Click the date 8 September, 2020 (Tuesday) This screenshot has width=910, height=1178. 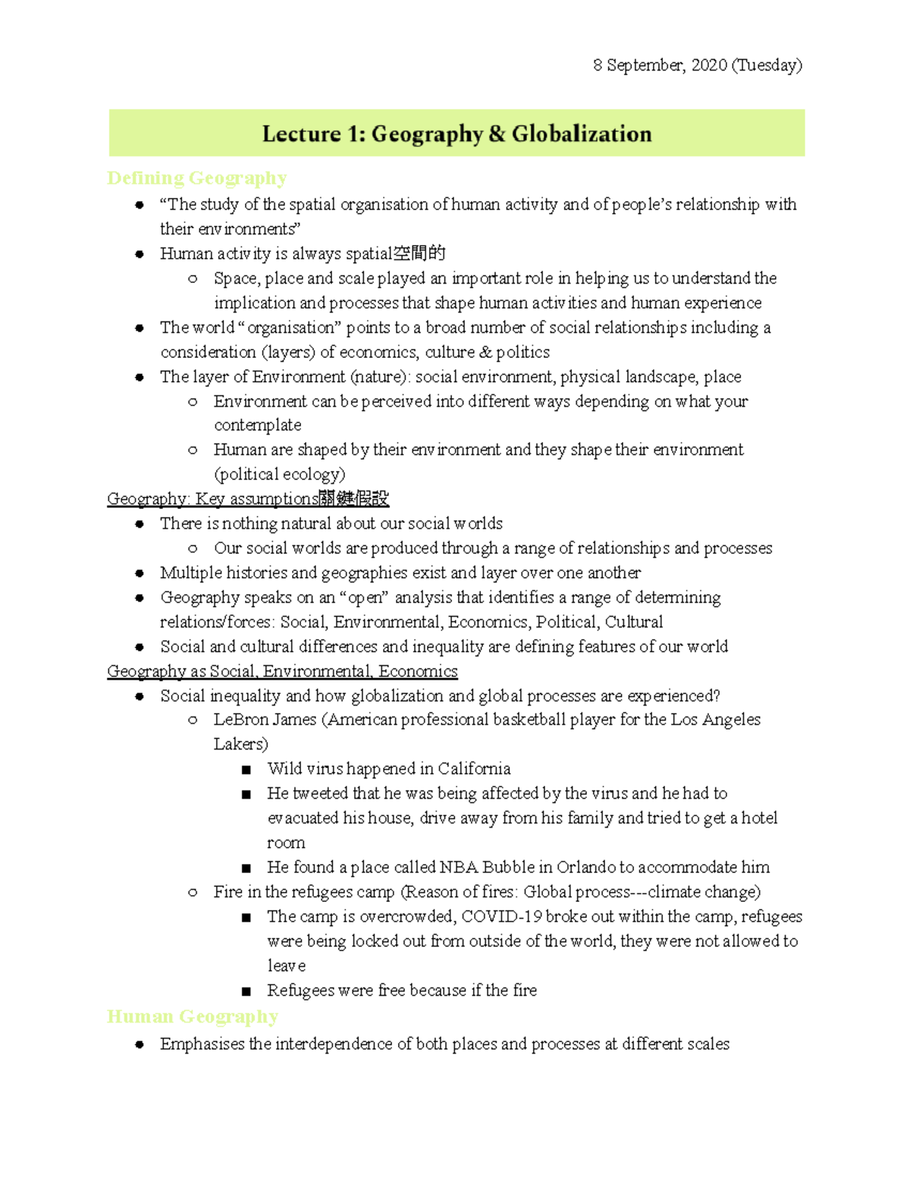click(x=697, y=65)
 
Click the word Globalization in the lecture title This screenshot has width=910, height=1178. click(x=581, y=134)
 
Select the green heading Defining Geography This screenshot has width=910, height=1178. click(x=197, y=178)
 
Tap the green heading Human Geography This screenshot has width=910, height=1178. click(x=193, y=1016)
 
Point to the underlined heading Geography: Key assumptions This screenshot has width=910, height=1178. click(x=247, y=499)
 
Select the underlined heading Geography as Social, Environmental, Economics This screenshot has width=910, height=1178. click(x=282, y=671)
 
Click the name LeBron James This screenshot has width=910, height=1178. click(x=265, y=720)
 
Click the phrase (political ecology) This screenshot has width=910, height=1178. click(x=279, y=475)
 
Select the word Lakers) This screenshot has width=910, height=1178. click(x=240, y=744)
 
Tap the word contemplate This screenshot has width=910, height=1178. click(x=257, y=426)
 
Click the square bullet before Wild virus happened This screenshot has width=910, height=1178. click(x=246, y=770)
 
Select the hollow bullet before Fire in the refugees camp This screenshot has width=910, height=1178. click(x=193, y=893)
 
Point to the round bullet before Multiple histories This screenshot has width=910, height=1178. click(x=140, y=573)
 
